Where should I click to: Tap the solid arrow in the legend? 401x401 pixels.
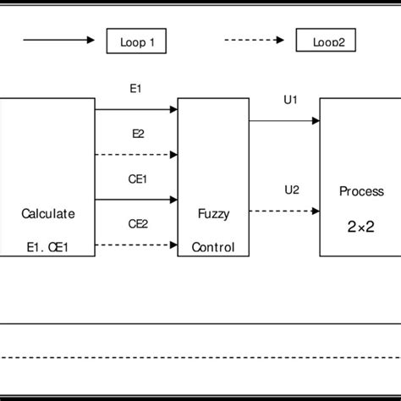(x=58, y=40)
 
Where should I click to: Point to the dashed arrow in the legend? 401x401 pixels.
(x=256, y=40)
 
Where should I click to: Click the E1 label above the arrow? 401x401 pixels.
(x=137, y=87)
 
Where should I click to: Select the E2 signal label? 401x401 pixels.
(x=137, y=134)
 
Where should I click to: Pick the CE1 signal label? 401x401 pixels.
(x=137, y=179)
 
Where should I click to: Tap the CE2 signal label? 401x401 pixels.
(x=137, y=224)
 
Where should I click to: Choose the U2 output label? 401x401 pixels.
(x=292, y=190)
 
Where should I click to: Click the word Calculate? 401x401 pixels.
(x=47, y=214)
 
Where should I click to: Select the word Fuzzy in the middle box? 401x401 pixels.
(x=213, y=214)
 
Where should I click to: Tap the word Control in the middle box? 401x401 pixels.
(x=213, y=248)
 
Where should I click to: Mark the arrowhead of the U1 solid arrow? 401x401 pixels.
(x=315, y=121)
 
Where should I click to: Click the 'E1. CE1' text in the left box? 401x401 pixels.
(x=47, y=248)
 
